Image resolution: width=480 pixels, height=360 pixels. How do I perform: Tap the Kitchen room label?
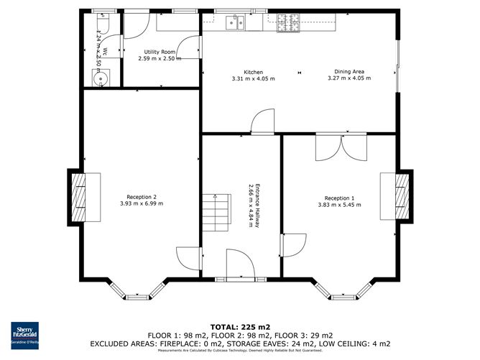pyautogui.click(x=253, y=72)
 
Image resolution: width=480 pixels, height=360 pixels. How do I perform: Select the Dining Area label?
pyautogui.click(x=349, y=72)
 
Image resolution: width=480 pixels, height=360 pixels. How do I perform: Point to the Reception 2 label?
pyautogui.click(x=141, y=197)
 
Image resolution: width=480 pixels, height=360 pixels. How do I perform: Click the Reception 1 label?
pyautogui.click(x=339, y=198)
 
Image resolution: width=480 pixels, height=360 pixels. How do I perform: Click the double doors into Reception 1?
pyautogui.click(x=342, y=147)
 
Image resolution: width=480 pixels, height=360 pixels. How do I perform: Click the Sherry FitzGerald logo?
pyautogui.click(x=23, y=332)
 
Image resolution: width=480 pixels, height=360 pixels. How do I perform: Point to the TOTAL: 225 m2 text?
pyautogui.click(x=239, y=327)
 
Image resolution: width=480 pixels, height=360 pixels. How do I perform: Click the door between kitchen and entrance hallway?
pyautogui.click(x=263, y=121)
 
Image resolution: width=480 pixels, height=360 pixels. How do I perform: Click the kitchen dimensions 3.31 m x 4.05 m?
pyautogui.click(x=253, y=78)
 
